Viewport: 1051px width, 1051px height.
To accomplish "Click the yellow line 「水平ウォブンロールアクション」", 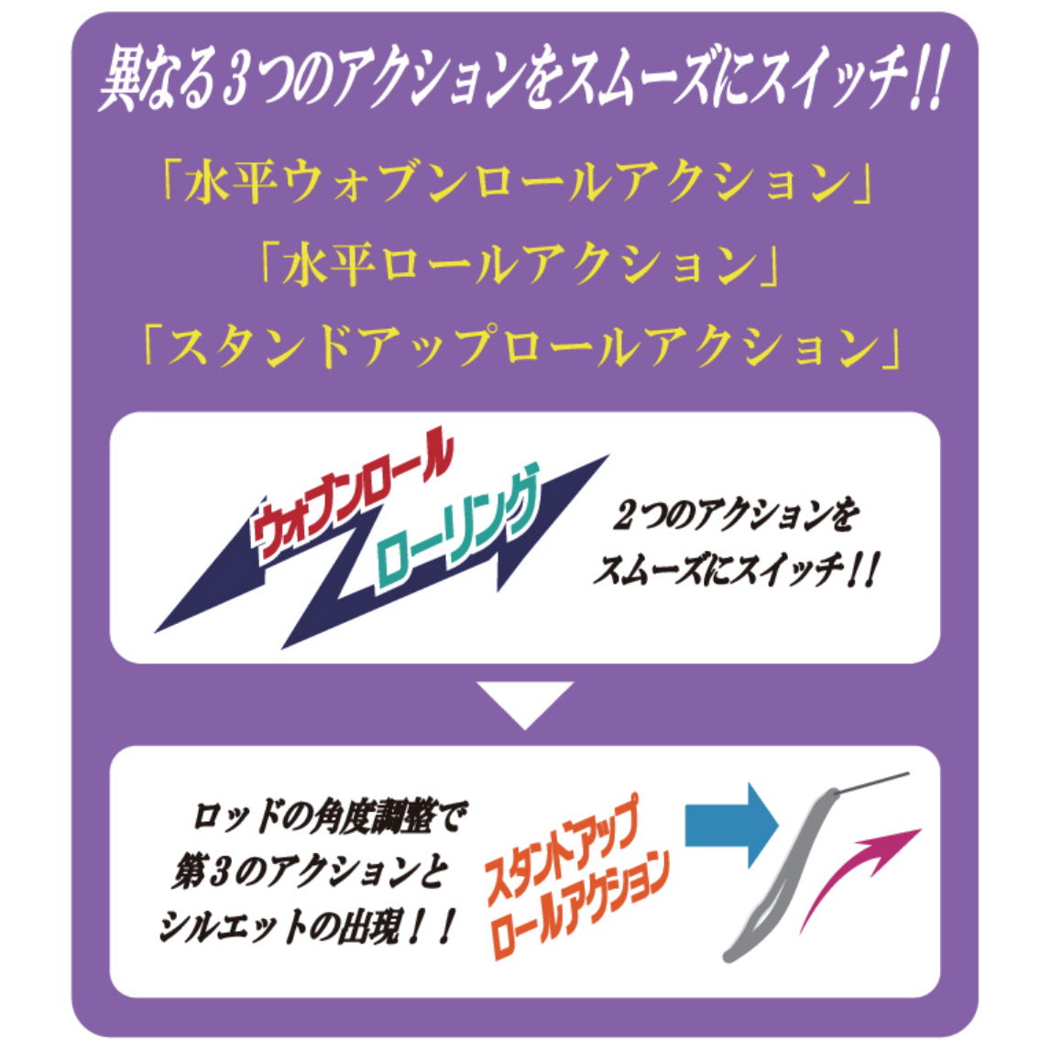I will tap(519, 183).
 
